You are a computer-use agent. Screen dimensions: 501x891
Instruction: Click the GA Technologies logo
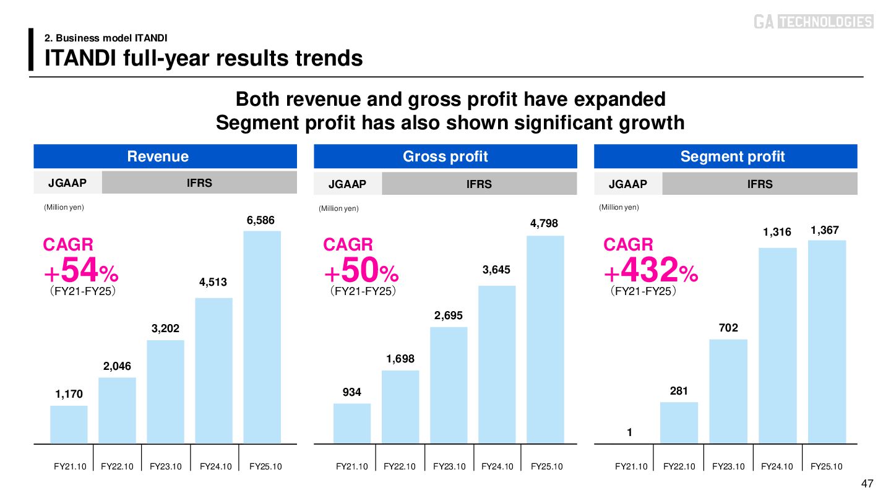[x=813, y=22]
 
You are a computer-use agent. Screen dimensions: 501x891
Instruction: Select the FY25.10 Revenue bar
[x=262, y=337]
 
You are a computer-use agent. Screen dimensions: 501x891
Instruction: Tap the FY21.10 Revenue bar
[x=69, y=425]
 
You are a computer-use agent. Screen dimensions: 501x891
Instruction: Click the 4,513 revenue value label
[x=213, y=282]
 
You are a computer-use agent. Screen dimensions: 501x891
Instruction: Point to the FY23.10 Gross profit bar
[x=449, y=385]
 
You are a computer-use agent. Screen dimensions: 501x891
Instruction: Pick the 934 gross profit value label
[x=352, y=392]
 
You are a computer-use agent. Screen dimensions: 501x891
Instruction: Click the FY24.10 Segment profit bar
[x=778, y=346]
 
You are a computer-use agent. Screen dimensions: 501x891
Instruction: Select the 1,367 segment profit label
[x=825, y=230]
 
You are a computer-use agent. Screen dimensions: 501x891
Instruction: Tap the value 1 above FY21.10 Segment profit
[x=629, y=433]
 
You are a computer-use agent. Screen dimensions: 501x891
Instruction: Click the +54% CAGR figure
[x=80, y=271]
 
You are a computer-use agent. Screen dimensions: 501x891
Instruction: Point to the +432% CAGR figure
[x=651, y=271]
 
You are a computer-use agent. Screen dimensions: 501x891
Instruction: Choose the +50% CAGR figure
[x=361, y=271]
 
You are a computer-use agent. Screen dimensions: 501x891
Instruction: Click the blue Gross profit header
[x=445, y=156]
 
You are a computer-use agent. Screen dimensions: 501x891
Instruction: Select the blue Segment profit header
[x=726, y=156]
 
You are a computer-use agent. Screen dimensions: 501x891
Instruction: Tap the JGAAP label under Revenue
[x=67, y=183]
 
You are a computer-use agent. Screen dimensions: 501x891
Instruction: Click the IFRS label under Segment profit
[x=760, y=184]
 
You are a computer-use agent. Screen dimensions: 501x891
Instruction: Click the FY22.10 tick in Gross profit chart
[x=400, y=466]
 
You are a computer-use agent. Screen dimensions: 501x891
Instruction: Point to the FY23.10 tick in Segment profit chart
[x=728, y=466]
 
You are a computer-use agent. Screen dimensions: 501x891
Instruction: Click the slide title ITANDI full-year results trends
[x=204, y=58]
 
